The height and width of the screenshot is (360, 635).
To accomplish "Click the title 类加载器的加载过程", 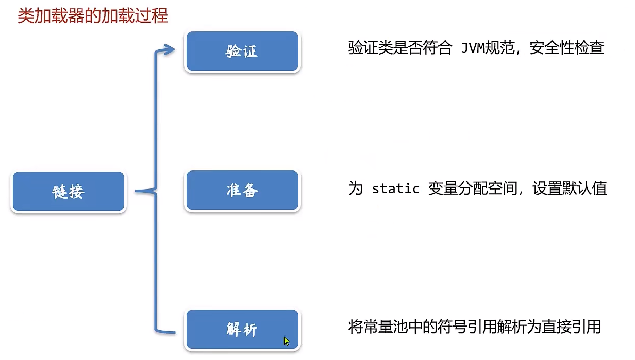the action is (x=93, y=16).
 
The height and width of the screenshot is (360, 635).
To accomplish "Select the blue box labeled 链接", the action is (x=68, y=192).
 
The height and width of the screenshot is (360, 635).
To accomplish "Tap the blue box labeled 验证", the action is (x=242, y=52).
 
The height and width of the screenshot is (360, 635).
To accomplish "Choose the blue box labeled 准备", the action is (x=242, y=191).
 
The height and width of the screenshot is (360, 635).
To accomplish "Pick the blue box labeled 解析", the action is (x=242, y=330).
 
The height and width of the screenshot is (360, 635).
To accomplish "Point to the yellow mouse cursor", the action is (x=287, y=341).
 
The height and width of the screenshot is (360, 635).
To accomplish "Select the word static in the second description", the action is (x=395, y=188).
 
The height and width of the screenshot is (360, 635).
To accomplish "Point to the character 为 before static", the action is (x=356, y=188).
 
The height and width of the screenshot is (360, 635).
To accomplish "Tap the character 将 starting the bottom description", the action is (x=356, y=327).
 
